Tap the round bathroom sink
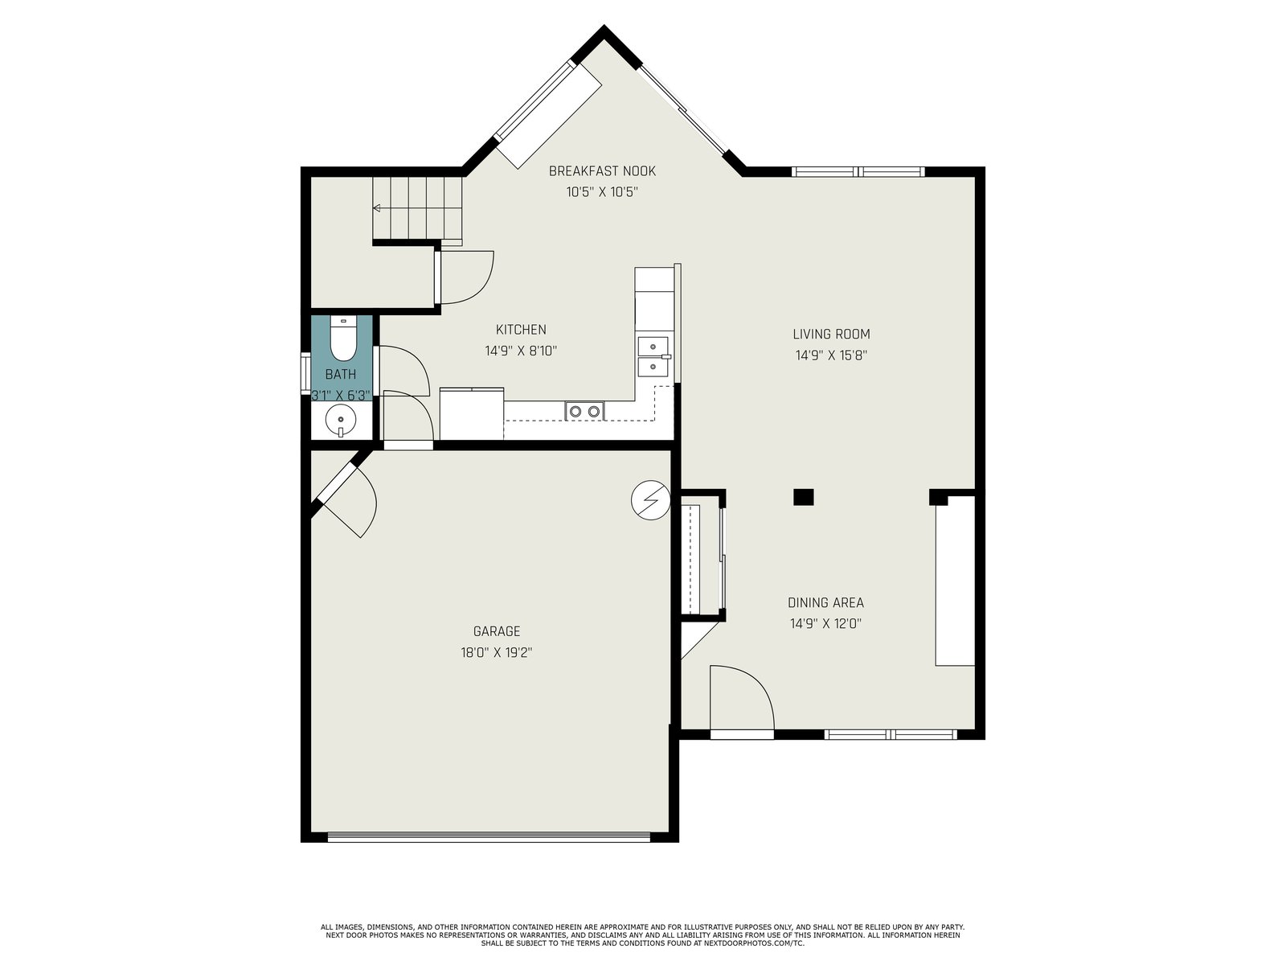tap(341, 421)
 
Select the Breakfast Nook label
tap(602, 171)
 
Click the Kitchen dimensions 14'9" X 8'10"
tap(521, 351)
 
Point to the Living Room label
tap(831, 334)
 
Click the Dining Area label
tap(825, 602)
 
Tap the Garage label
tap(497, 631)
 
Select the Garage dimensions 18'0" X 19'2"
tap(497, 652)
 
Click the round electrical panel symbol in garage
tap(650, 500)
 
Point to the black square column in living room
tap(803, 497)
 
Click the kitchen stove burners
tap(584, 411)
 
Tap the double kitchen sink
tap(653, 356)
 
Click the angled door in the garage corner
tap(346, 498)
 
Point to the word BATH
tap(341, 374)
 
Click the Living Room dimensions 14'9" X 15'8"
tap(831, 355)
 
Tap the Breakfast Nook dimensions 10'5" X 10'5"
tap(602, 192)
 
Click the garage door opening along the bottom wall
tap(489, 838)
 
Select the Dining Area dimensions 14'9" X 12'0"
tap(825, 623)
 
